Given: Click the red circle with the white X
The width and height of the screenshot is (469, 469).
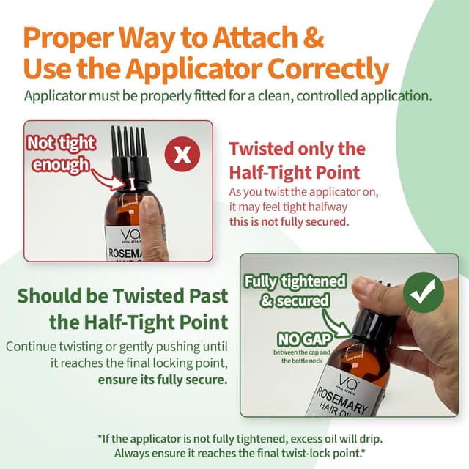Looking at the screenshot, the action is (x=182, y=155).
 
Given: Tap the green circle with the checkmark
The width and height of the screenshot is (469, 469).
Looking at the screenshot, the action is (x=424, y=292).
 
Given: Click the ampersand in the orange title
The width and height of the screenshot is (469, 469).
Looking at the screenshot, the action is (x=313, y=37).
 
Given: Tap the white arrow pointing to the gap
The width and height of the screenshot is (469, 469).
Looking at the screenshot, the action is (x=108, y=180).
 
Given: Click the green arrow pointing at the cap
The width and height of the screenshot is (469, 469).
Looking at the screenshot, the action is (x=336, y=323).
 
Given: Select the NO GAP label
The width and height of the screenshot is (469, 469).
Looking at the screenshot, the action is (x=305, y=339).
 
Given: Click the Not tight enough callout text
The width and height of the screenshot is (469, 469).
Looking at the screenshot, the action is (x=62, y=154).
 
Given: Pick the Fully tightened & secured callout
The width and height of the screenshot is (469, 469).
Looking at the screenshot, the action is (x=295, y=291).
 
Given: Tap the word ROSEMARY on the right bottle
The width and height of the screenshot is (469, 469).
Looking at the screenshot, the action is (x=342, y=401).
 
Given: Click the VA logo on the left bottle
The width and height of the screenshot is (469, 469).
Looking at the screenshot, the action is (x=130, y=235).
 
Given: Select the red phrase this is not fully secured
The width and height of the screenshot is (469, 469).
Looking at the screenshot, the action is (x=289, y=222).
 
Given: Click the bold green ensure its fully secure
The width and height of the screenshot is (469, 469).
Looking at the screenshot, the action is (x=163, y=380).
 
